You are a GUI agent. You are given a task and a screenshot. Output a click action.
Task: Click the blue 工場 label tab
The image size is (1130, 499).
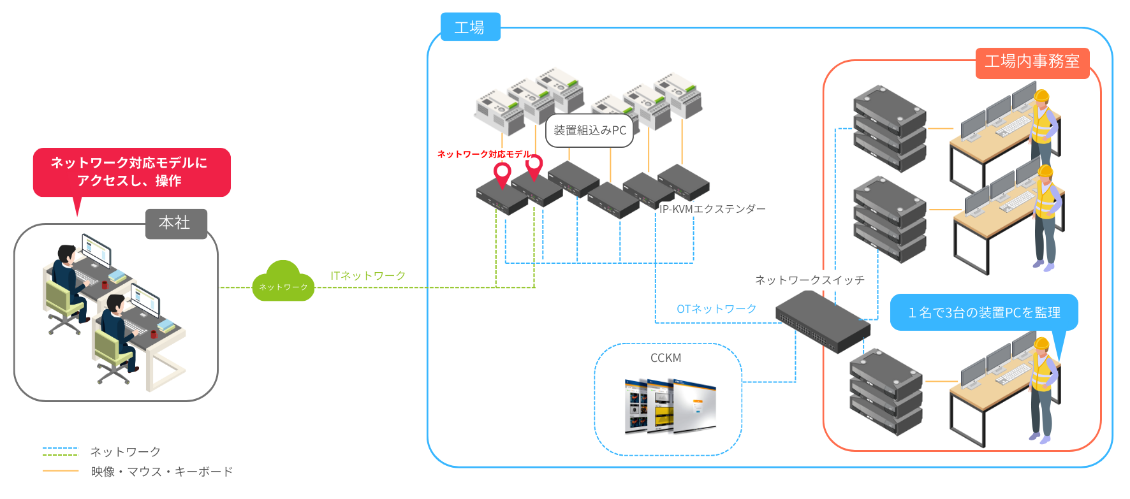point(470,27)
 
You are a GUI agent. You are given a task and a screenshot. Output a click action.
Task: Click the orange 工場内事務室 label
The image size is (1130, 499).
point(1032,62)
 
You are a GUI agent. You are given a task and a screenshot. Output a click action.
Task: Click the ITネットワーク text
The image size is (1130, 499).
point(368,275)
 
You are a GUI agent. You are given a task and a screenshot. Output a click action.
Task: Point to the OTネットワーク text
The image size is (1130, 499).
point(716,309)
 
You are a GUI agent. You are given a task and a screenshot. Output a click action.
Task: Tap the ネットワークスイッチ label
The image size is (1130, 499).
point(809,280)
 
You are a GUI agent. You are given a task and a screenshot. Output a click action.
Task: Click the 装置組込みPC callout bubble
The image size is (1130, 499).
point(589,131)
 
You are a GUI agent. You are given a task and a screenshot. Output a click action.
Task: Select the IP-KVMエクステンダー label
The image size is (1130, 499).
point(712,209)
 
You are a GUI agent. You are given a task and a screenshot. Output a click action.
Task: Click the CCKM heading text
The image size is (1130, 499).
point(665,358)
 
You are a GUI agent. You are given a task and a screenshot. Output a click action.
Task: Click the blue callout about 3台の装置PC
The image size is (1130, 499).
point(983,312)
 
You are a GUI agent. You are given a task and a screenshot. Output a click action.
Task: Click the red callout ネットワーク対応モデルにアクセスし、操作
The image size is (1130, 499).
point(131,172)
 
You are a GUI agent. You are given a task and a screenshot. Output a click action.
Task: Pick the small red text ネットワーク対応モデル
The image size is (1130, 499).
point(483,154)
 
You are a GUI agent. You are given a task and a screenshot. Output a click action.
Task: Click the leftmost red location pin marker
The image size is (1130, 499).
point(503,173)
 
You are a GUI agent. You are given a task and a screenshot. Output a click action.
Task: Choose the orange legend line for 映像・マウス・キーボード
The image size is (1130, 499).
point(61,471)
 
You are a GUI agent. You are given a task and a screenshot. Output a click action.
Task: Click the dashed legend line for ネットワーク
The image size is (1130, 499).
point(61,451)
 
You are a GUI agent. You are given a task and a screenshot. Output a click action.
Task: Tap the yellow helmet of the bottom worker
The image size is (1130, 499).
point(1041,344)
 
